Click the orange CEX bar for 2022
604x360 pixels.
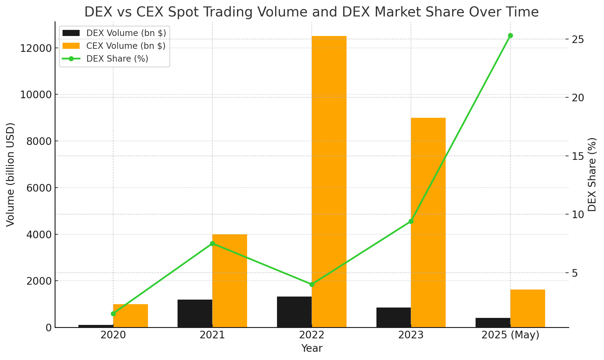[x=329, y=182]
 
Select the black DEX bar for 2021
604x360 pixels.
[x=195, y=313]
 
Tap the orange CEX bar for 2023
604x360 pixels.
[x=428, y=222]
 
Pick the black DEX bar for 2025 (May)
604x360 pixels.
[x=493, y=322]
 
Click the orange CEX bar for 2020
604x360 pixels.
[x=131, y=316]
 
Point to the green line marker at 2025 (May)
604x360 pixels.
[x=510, y=36]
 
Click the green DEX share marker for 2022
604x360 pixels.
[x=312, y=284]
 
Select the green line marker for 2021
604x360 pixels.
[x=212, y=243]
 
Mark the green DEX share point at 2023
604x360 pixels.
[x=411, y=221]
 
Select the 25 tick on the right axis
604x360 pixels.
[x=578, y=39]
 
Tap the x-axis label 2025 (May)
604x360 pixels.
[x=510, y=335]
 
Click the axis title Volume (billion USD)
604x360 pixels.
[x=11, y=175]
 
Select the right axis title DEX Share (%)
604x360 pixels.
[x=592, y=175]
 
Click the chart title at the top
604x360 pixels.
[x=311, y=12]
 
